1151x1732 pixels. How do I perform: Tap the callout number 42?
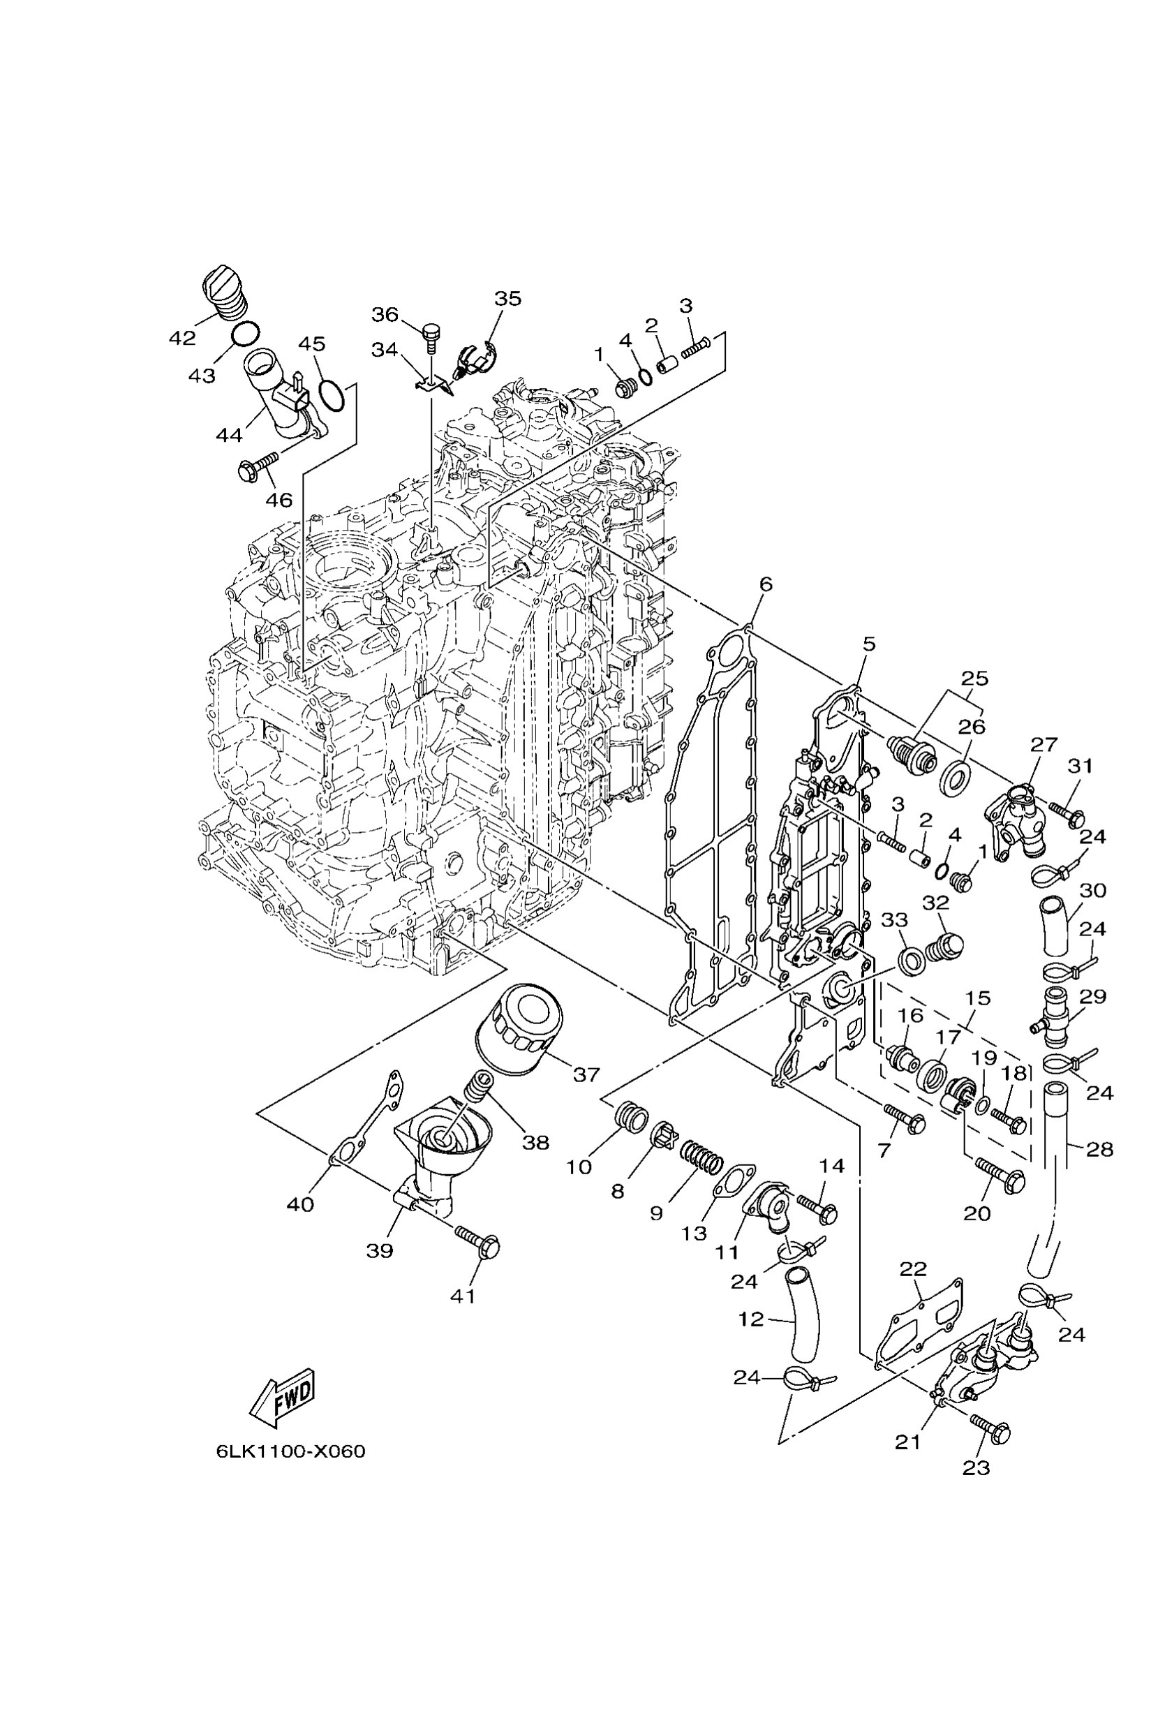pyautogui.click(x=182, y=338)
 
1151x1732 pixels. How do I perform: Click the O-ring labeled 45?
pyautogui.click(x=332, y=396)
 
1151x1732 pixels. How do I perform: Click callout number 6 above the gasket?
pyautogui.click(x=766, y=584)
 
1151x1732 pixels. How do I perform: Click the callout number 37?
pyautogui.click(x=586, y=1075)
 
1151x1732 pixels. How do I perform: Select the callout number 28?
pyautogui.click(x=1099, y=1149)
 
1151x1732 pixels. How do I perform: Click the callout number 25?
pyautogui.click(x=974, y=678)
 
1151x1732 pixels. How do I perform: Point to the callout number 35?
pyautogui.click(x=507, y=298)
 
